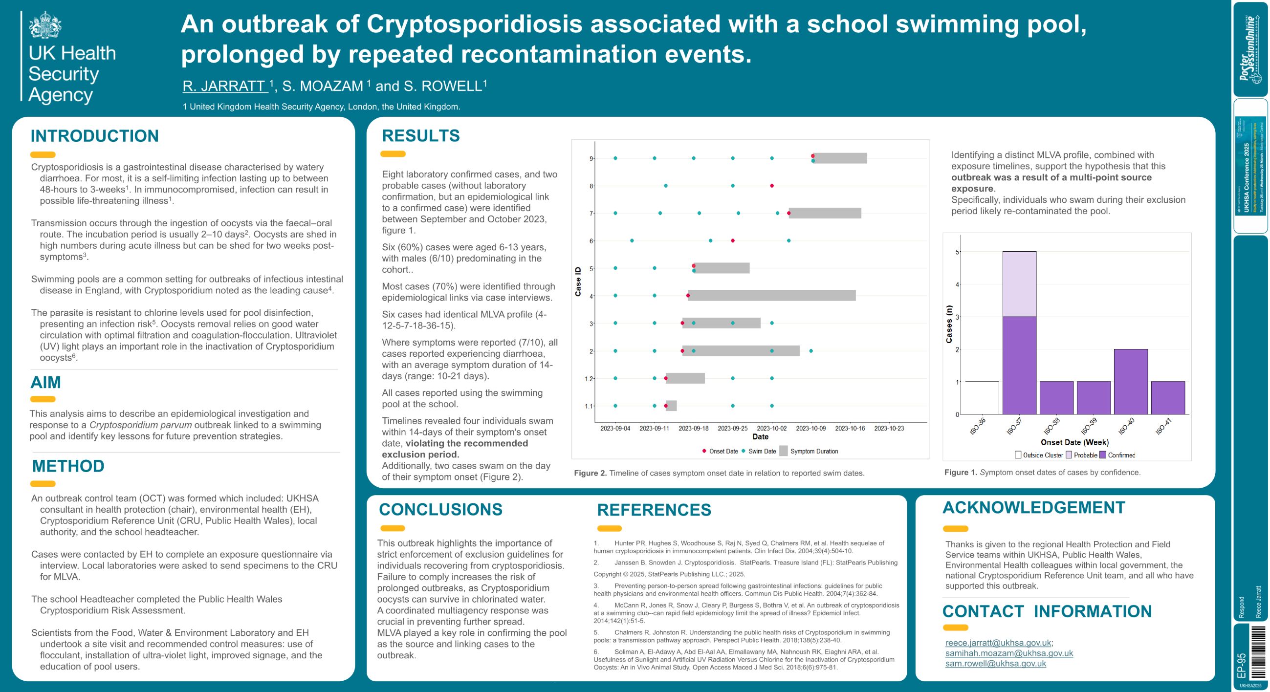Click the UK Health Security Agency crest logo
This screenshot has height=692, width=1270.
coord(45,24)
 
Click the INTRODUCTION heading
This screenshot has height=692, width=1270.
coord(95,136)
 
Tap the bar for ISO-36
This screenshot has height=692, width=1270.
coord(982,398)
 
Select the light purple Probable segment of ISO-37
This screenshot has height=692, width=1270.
coord(1019,284)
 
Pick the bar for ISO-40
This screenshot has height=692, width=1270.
coord(1131,382)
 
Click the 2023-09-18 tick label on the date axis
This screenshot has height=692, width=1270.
coord(693,428)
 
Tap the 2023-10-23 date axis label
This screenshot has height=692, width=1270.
coord(889,428)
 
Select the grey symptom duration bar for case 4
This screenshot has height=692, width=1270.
coord(771,296)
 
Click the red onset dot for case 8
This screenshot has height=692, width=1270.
coord(771,186)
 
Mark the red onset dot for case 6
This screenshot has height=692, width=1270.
coord(733,240)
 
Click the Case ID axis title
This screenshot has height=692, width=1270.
coord(578,281)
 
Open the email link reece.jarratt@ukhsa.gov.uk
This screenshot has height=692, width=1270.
coord(998,643)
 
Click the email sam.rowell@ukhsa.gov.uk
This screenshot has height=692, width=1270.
coord(995,664)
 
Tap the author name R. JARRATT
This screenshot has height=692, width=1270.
coord(225,86)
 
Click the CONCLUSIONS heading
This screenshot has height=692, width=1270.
coord(440,510)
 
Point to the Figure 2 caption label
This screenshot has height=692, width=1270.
coord(590,473)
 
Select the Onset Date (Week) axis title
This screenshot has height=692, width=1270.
coord(1074,442)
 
